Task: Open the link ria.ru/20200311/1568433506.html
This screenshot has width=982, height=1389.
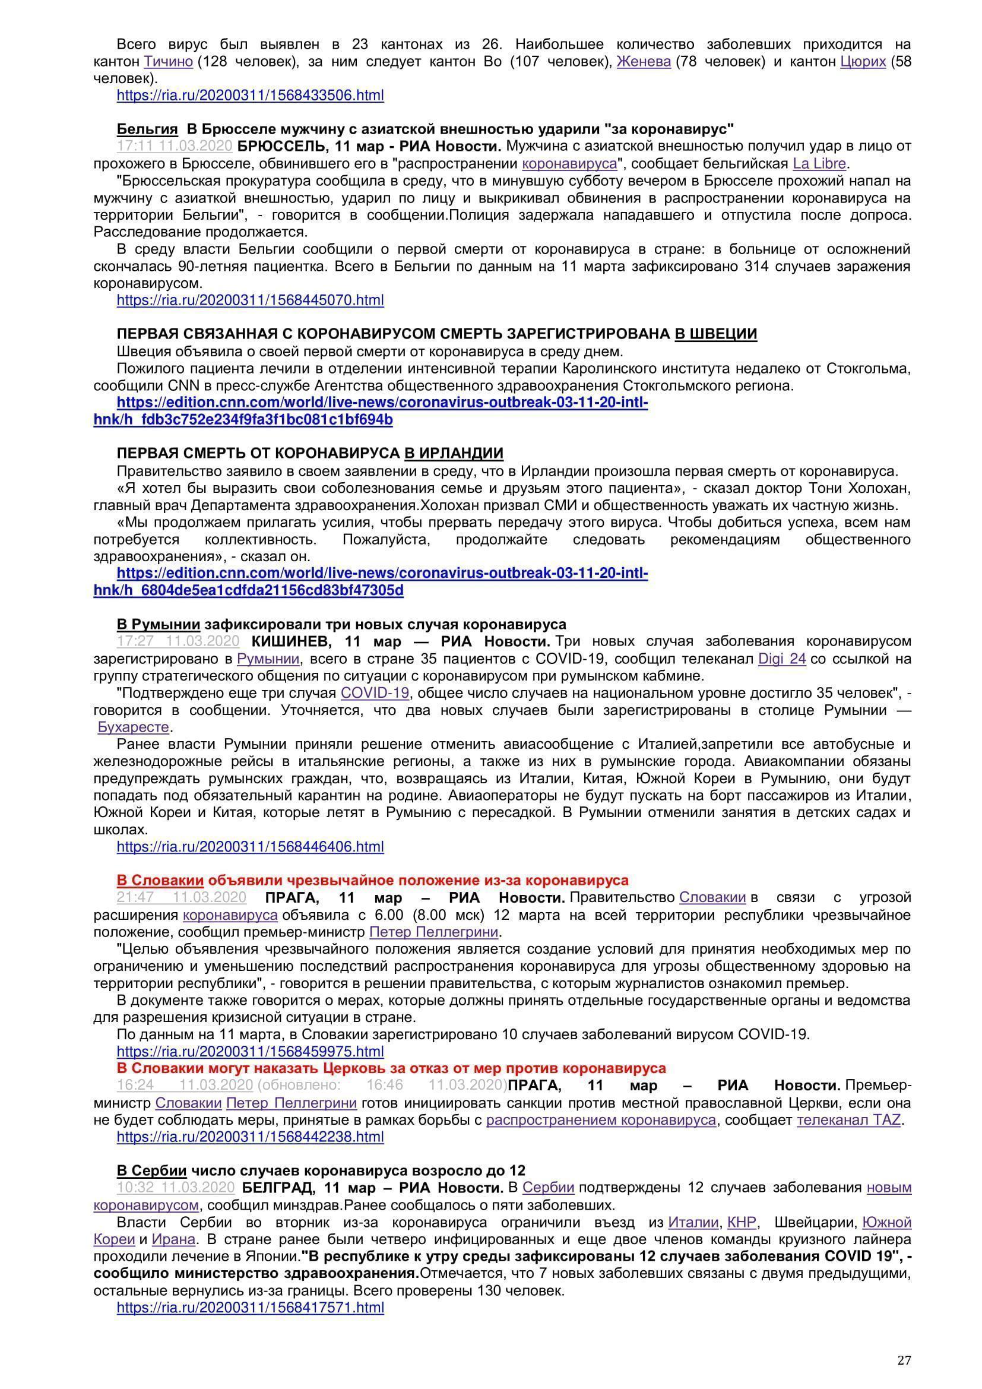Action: (x=250, y=95)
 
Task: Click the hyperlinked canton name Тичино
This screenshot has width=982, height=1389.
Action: (x=168, y=61)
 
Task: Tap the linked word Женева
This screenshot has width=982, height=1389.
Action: (x=644, y=61)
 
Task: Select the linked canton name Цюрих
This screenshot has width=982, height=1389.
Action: (x=863, y=61)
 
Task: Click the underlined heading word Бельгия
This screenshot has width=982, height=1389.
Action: (x=147, y=129)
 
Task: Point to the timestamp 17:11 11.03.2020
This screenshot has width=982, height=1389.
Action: (x=174, y=146)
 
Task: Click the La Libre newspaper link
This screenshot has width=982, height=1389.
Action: (x=819, y=163)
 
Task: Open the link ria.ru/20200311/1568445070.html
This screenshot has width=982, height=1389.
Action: (x=250, y=300)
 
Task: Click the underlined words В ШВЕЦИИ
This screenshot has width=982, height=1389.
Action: (x=715, y=334)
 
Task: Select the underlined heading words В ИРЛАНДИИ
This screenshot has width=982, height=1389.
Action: (x=454, y=453)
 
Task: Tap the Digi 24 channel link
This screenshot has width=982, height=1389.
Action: (x=782, y=658)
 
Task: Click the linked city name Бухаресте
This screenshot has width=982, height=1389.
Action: (x=133, y=726)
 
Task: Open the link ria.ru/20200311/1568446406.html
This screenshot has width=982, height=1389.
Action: (x=250, y=846)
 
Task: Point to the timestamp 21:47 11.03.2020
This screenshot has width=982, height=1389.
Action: (x=182, y=897)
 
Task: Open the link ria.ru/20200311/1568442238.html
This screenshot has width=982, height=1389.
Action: (x=250, y=1137)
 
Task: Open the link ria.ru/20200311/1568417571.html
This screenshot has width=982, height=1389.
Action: (x=250, y=1306)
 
